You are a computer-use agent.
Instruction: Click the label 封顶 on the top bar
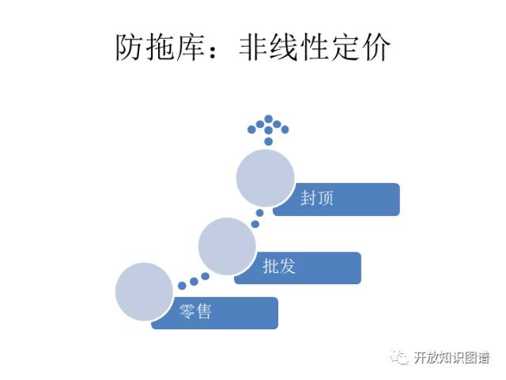pos(316,198)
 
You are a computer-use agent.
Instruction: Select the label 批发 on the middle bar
pos(278,267)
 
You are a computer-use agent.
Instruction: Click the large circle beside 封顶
pos(266,179)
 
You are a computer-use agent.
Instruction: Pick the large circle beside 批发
pos(227,247)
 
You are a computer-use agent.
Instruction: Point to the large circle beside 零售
pos(144,291)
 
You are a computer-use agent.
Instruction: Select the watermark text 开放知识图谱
pos(450,358)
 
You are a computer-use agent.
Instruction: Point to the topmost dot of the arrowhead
pos(269,119)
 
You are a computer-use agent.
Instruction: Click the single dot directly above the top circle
pos(269,141)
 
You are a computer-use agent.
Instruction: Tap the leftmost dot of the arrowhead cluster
pos(251,128)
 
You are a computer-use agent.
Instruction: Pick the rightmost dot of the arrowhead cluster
pos(285,129)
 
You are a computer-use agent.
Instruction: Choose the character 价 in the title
pos(379,49)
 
